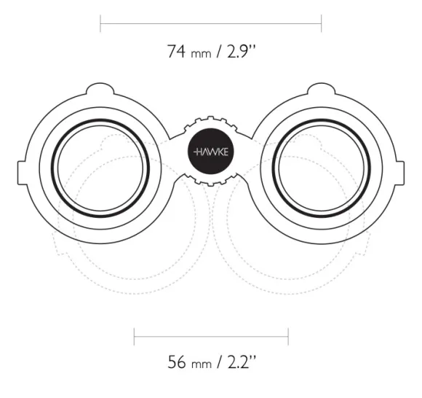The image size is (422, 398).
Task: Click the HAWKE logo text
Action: (211, 152)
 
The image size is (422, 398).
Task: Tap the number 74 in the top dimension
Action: (176, 51)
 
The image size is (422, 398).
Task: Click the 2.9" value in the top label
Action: (241, 51)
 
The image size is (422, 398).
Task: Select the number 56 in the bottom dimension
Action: (177, 362)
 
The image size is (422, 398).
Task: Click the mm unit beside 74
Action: (201, 54)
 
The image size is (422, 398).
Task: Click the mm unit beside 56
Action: (202, 364)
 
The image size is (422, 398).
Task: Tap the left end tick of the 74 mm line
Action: (100, 23)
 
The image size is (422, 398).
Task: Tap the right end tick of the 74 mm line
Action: (322, 23)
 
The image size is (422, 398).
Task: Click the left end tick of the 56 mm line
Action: (135, 337)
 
